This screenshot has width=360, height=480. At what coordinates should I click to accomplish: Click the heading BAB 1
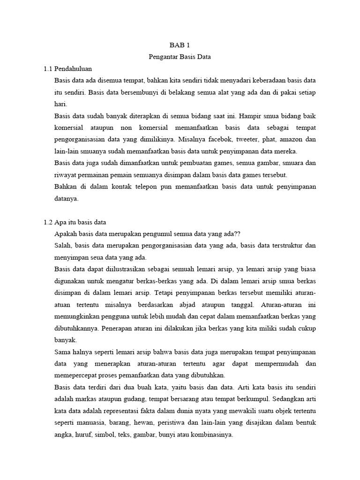(180, 45)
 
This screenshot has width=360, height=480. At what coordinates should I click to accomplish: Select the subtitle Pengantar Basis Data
(180, 57)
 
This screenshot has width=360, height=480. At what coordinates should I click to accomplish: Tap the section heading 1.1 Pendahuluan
(68, 69)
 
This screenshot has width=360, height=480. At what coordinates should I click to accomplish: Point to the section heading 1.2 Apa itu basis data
(75, 222)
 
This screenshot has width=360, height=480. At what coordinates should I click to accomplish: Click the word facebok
(224, 139)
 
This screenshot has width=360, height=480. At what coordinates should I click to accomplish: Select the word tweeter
(254, 139)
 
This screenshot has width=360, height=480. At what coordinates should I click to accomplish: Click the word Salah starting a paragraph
(63, 246)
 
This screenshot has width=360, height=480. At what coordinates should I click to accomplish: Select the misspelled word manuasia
(91, 423)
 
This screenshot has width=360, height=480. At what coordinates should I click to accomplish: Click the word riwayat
(66, 175)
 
